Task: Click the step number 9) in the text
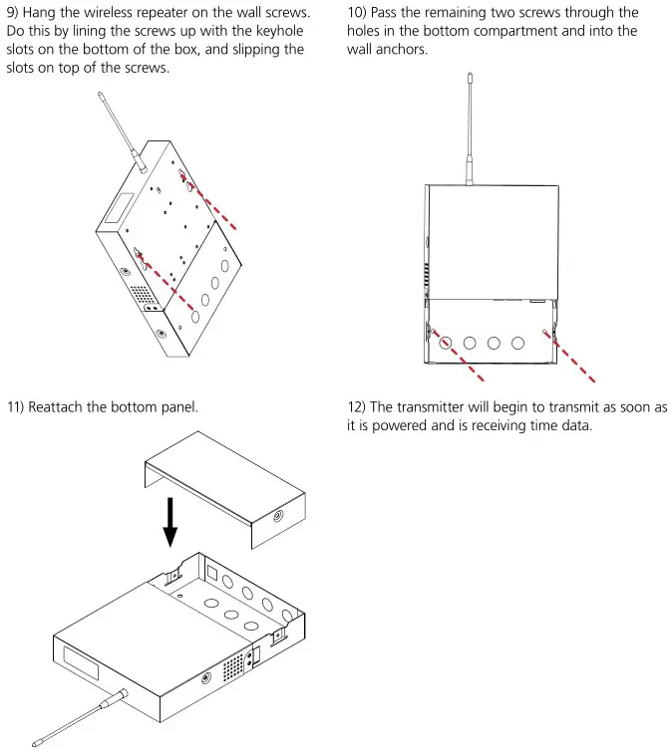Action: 14,13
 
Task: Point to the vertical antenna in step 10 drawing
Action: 468,129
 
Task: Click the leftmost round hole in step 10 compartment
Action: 446,343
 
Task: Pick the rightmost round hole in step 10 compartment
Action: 517,343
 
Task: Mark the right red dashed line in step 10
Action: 573,354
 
